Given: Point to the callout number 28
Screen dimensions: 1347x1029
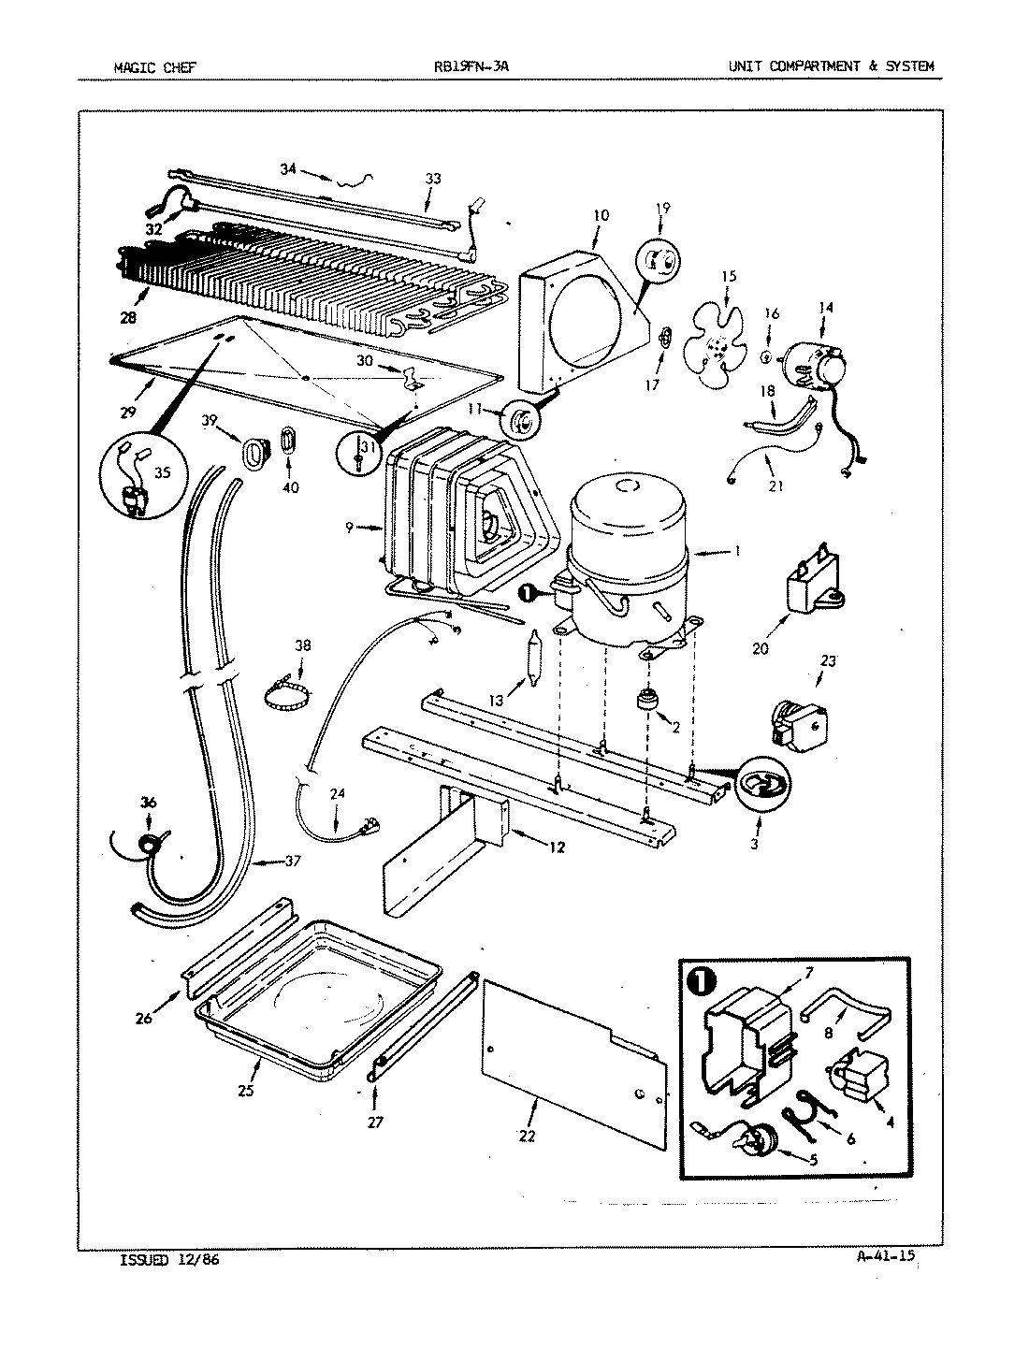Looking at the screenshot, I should click(127, 317).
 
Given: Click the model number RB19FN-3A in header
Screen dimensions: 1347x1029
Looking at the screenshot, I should click(471, 66).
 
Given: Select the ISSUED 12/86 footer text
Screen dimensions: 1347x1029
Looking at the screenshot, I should click(169, 1260).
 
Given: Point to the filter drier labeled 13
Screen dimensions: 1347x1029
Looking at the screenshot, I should click(534, 659).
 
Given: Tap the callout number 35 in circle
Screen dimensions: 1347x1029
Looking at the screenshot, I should click(162, 473).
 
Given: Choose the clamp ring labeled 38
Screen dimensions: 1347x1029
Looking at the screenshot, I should click(286, 697).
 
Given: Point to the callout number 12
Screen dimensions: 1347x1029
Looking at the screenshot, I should click(558, 848).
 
